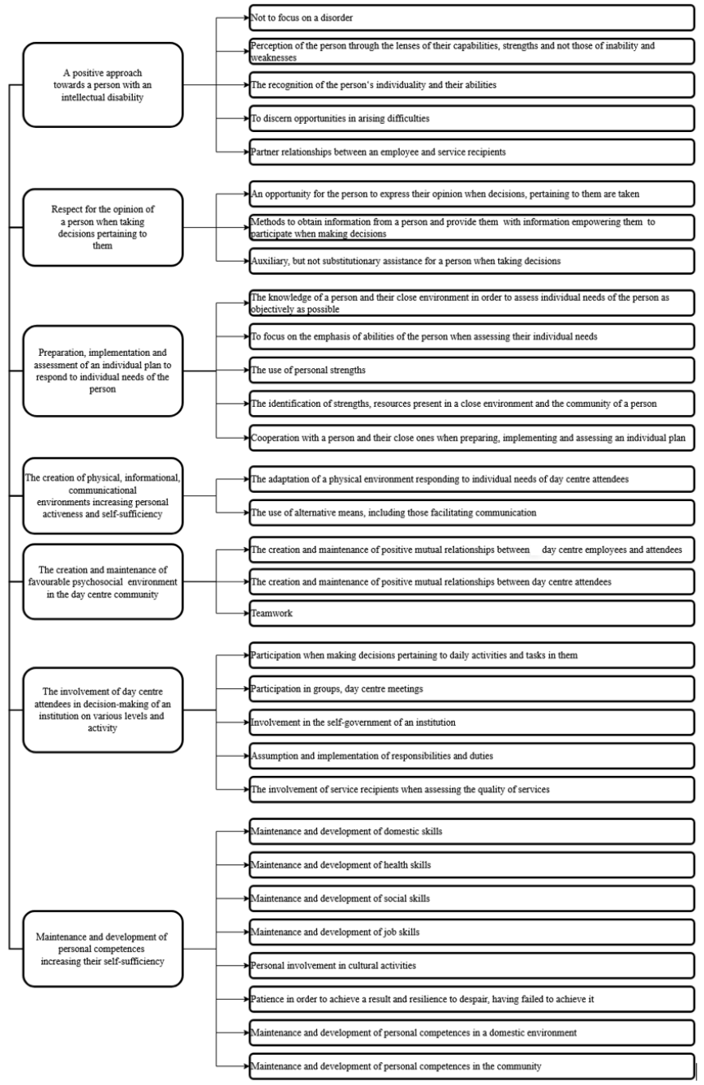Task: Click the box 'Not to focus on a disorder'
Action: coord(471,16)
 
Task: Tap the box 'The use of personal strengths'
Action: coord(471,370)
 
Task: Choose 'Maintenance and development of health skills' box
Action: coord(471,865)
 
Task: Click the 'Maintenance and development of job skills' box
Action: coord(471,932)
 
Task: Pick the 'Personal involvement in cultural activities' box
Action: coord(471,965)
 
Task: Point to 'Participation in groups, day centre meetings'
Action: coord(471,689)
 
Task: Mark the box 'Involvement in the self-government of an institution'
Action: coord(471,722)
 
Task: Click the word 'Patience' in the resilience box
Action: coord(268,999)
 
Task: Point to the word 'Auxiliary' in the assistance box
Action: coord(270,260)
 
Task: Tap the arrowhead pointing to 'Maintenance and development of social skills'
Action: coord(246,899)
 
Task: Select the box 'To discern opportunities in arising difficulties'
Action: coord(471,118)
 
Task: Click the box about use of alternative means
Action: coord(471,513)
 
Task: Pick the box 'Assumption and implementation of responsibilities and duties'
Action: coord(471,755)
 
